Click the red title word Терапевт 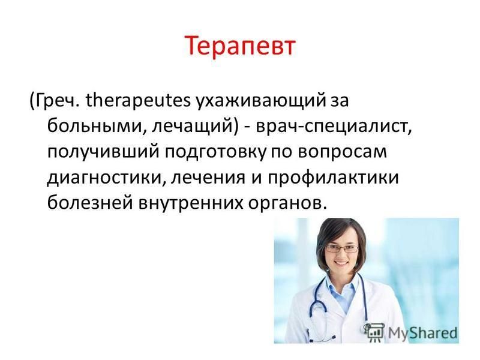tap(240, 47)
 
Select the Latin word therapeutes tap(138, 101)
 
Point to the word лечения tap(208, 178)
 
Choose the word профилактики tap(334, 178)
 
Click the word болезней tap(89, 203)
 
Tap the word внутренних tap(190, 203)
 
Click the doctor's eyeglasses tap(341, 248)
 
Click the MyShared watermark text tap(423, 333)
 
